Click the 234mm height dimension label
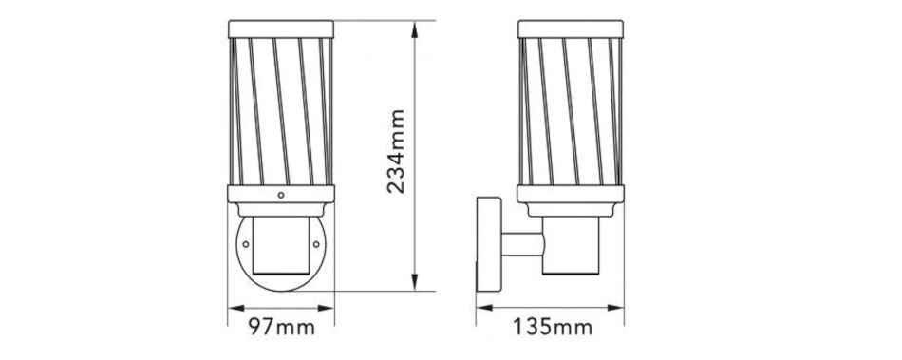click(x=396, y=151)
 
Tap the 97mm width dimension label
click(x=281, y=327)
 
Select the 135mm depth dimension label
click(x=553, y=327)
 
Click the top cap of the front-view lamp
click(x=281, y=29)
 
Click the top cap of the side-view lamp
click(x=571, y=29)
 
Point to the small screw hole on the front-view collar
click(x=281, y=195)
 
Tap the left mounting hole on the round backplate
click(x=246, y=244)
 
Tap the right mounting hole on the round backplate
click(x=316, y=244)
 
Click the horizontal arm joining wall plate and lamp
click(x=522, y=244)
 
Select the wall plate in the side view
click(x=488, y=244)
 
